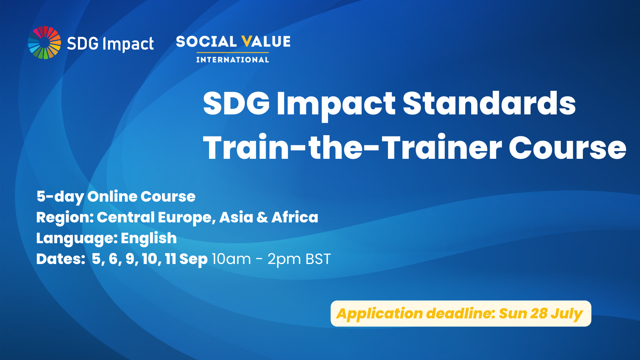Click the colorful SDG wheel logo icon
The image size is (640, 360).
coord(44,42)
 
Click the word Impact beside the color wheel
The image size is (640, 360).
coord(128,44)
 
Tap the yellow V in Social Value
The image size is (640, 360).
coord(247,41)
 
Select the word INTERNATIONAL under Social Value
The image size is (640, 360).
coord(232,60)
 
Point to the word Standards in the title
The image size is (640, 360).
coord(489,103)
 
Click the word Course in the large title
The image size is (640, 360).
coord(567,148)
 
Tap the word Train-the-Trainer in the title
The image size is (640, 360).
coord(352,148)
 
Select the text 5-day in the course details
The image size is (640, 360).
coord(60,196)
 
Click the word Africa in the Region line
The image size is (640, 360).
coord(294,217)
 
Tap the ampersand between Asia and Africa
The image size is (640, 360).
coord(262,217)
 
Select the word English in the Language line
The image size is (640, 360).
coord(148,238)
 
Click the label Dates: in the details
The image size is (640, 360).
coord(60,259)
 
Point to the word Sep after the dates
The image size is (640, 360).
coord(193,259)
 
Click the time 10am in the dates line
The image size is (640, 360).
coord(231,259)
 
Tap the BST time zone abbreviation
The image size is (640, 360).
coord(318,259)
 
